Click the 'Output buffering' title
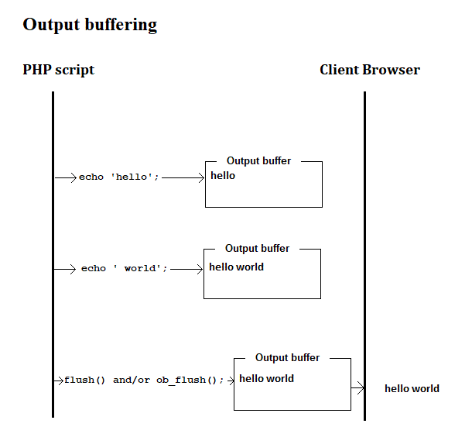click(x=90, y=25)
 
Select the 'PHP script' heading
click(x=59, y=70)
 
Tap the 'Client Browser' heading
click(x=370, y=70)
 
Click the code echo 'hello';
click(x=119, y=177)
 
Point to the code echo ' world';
click(x=125, y=269)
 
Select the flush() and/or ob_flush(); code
click(x=144, y=381)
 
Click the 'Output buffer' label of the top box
click(x=258, y=161)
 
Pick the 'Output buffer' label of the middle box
click(x=257, y=249)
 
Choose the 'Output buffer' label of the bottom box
click(x=287, y=358)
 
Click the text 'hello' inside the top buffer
click(x=223, y=176)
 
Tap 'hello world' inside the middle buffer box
click(x=236, y=267)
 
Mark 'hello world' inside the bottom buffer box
click(x=266, y=379)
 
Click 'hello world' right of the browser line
click(x=412, y=389)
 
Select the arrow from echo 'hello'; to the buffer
click(x=183, y=177)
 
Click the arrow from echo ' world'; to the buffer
click(x=186, y=269)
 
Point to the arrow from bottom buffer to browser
click(x=357, y=388)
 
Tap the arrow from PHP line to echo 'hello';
click(x=66, y=177)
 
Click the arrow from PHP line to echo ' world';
click(x=66, y=269)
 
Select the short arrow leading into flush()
click(x=59, y=381)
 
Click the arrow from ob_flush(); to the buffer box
click(x=230, y=381)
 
